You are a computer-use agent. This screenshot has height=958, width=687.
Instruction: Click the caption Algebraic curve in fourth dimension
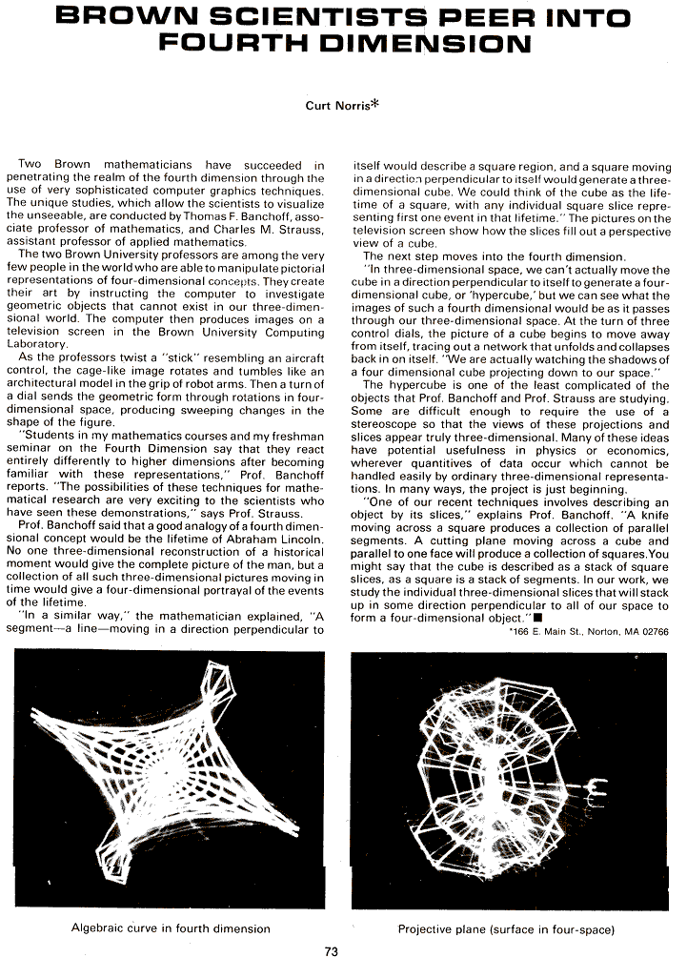[171, 927]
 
